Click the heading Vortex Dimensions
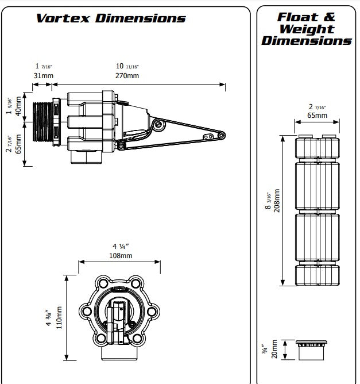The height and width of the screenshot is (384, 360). pyautogui.click(x=111, y=18)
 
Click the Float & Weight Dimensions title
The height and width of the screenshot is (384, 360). pyautogui.click(x=307, y=28)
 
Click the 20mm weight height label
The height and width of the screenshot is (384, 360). pyautogui.click(x=274, y=348)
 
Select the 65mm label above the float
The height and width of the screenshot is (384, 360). pyautogui.click(x=317, y=116)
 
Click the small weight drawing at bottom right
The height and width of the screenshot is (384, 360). pyautogui.click(x=316, y=348)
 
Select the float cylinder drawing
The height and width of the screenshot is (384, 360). pyautogui.click(x=317, y=210)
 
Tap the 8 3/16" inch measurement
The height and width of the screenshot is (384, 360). pyautogui.click(x=268, y=202)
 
